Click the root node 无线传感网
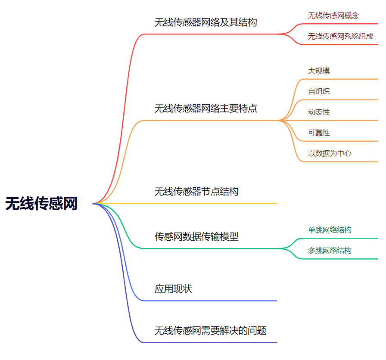(41, 203)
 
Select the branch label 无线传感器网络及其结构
(205, 22)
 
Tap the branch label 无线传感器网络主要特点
(205, 108)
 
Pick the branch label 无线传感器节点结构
(196, 191)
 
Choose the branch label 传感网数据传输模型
(196, 236)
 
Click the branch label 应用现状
(173, 289)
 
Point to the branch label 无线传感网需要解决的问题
(210, 331)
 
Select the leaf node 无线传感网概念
(333, 16)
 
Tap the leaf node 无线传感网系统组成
(340, 36)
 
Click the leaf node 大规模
(319, 71)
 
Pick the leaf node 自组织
(319, 91)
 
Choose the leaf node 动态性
(319, 112)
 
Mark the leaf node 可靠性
(319, 133)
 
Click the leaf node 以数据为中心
(330, 153)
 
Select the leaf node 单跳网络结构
(330, 230)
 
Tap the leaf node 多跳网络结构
(330, 250)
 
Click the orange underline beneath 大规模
(340, 79)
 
